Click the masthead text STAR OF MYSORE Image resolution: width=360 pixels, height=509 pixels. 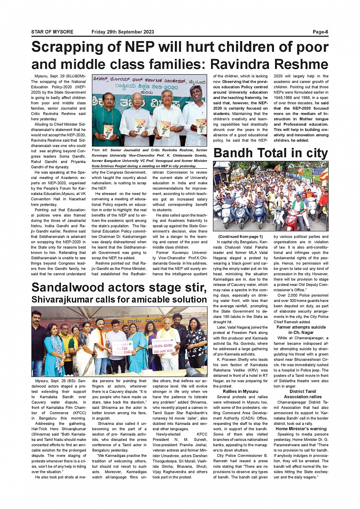(52, 32)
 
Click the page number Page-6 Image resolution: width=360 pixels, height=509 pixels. (320, 32)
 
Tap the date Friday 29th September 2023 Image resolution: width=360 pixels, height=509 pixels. (123, 32)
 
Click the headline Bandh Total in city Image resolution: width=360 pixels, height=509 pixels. (270, 153)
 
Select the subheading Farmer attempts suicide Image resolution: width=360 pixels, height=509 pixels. (301, 327)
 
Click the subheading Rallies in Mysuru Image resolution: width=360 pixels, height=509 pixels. (240, 391)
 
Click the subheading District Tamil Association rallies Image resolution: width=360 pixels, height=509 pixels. (302, 394)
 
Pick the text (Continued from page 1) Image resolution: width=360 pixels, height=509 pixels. (240, 236)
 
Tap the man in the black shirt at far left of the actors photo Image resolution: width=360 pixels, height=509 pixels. (38, 343)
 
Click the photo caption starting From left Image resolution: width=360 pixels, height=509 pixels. (149, 158)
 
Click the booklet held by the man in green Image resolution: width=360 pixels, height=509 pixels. (108, 131)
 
